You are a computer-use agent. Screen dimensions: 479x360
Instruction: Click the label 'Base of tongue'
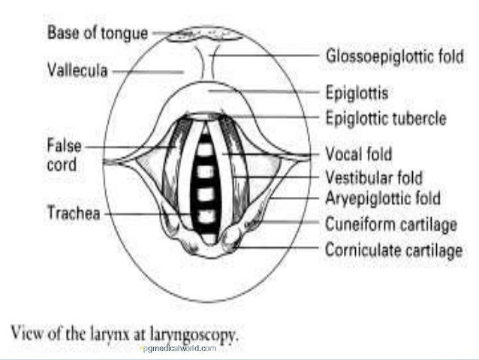point(98,32)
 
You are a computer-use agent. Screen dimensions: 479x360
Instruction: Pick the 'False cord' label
point(65,154)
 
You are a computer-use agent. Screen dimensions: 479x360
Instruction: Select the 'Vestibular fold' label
point(373,178)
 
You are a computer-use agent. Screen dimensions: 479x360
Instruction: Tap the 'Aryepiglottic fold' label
point(382,199)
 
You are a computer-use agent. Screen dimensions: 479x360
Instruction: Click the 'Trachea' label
point(74,213)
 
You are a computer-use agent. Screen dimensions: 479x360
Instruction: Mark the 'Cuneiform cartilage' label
point(392,224)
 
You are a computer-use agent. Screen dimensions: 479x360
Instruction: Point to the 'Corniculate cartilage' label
point(393,250)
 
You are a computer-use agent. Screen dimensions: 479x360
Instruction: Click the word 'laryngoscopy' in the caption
point(194,331)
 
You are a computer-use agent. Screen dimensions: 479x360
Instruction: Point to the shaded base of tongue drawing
point(205,35)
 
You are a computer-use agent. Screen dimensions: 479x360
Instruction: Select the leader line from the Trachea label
point(146,213)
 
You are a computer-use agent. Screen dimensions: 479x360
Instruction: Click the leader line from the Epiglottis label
point(263,92)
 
